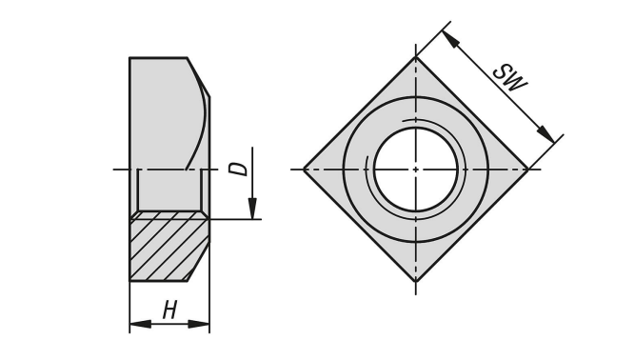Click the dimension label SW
tap(510, 78)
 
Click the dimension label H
tap(169, 310)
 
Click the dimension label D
tap(238, 169)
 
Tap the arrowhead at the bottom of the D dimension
tap(252, 209)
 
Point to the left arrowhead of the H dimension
tap(140, 324)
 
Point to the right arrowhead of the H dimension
tap(199, 324)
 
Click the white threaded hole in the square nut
tap(415, 170)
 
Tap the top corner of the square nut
tap(415, 57)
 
